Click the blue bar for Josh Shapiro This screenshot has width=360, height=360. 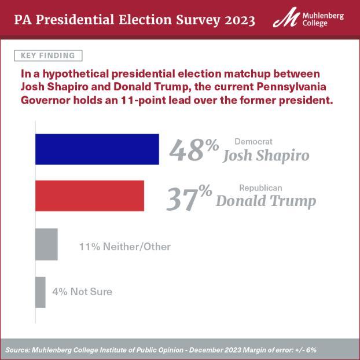click(97, 149)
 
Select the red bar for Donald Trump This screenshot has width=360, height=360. click(90, 196)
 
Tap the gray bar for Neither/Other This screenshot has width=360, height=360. click(46, 244)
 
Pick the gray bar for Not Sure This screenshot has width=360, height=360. click(40, 292)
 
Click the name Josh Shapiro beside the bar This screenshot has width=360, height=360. click(266, 156)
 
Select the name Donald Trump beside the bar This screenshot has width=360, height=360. click(266, 201)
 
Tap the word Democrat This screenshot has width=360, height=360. click(254, 141)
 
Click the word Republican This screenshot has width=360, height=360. click(260, 188)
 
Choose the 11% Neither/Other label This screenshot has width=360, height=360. click(124, 247)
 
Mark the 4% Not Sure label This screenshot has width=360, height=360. click(82, 292)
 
